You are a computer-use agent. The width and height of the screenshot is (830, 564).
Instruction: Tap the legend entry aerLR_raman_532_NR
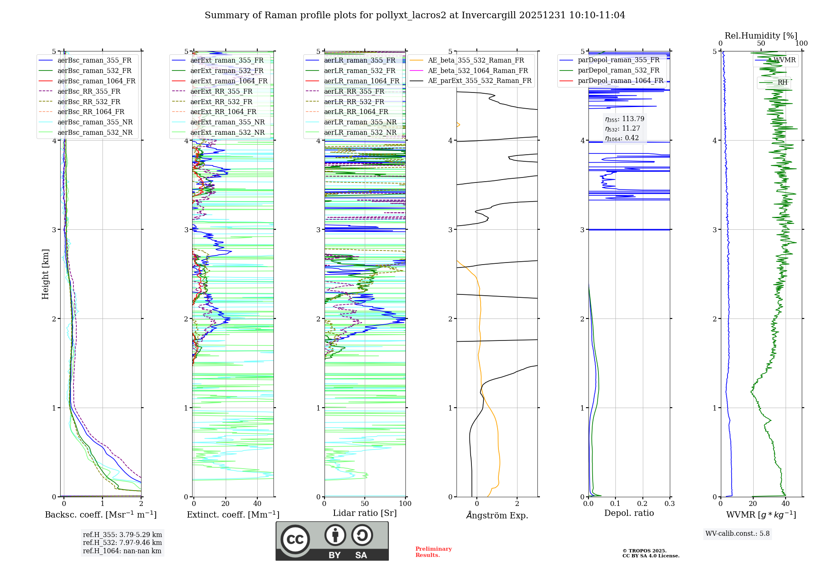[360, 132]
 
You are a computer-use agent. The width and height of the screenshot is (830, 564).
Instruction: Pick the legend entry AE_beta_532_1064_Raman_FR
[478, 70]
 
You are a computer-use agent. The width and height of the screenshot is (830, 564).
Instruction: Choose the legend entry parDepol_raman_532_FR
[618, 70]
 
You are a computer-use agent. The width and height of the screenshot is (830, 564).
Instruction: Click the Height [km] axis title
[45, 274]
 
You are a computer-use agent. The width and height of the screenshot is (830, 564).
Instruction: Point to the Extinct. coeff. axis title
[233, 515]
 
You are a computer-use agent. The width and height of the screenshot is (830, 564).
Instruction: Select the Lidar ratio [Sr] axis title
[364, 513]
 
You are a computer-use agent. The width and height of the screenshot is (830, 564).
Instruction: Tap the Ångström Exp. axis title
[497, 515]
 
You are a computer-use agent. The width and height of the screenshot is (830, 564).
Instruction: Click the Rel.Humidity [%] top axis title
[761, 36]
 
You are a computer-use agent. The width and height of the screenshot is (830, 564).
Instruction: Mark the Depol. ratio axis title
[629, 513]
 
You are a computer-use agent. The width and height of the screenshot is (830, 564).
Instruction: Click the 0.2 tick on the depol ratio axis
[642, 503]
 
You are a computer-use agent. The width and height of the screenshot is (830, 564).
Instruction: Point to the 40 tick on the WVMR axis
[785, 503]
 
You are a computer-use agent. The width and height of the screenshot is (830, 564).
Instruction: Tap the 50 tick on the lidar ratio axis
[365, 503]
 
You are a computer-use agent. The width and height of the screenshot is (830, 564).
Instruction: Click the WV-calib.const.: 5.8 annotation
[737, 533]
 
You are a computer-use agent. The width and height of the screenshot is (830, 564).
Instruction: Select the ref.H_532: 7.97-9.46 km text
[122, 542]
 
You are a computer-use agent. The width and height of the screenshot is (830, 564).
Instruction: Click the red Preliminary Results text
[433, 552]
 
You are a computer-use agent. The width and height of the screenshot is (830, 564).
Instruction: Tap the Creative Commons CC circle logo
[295, 540]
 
